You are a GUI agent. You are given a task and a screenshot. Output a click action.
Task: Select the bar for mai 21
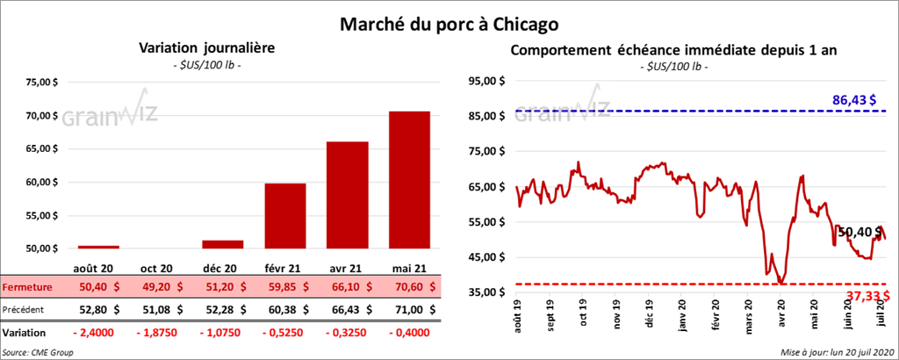[409, 180]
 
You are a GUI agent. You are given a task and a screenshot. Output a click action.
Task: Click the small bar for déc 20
[222, 244]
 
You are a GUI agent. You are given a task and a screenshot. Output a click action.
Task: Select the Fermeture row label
[27, 287]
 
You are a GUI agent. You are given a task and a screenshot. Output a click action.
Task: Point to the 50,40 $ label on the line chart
[859, 232]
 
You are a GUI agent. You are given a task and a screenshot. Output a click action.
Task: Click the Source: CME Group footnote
[39, 352]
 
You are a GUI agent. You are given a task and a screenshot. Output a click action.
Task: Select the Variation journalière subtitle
[203, 49]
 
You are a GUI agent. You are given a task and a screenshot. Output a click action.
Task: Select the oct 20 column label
[160, 267]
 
